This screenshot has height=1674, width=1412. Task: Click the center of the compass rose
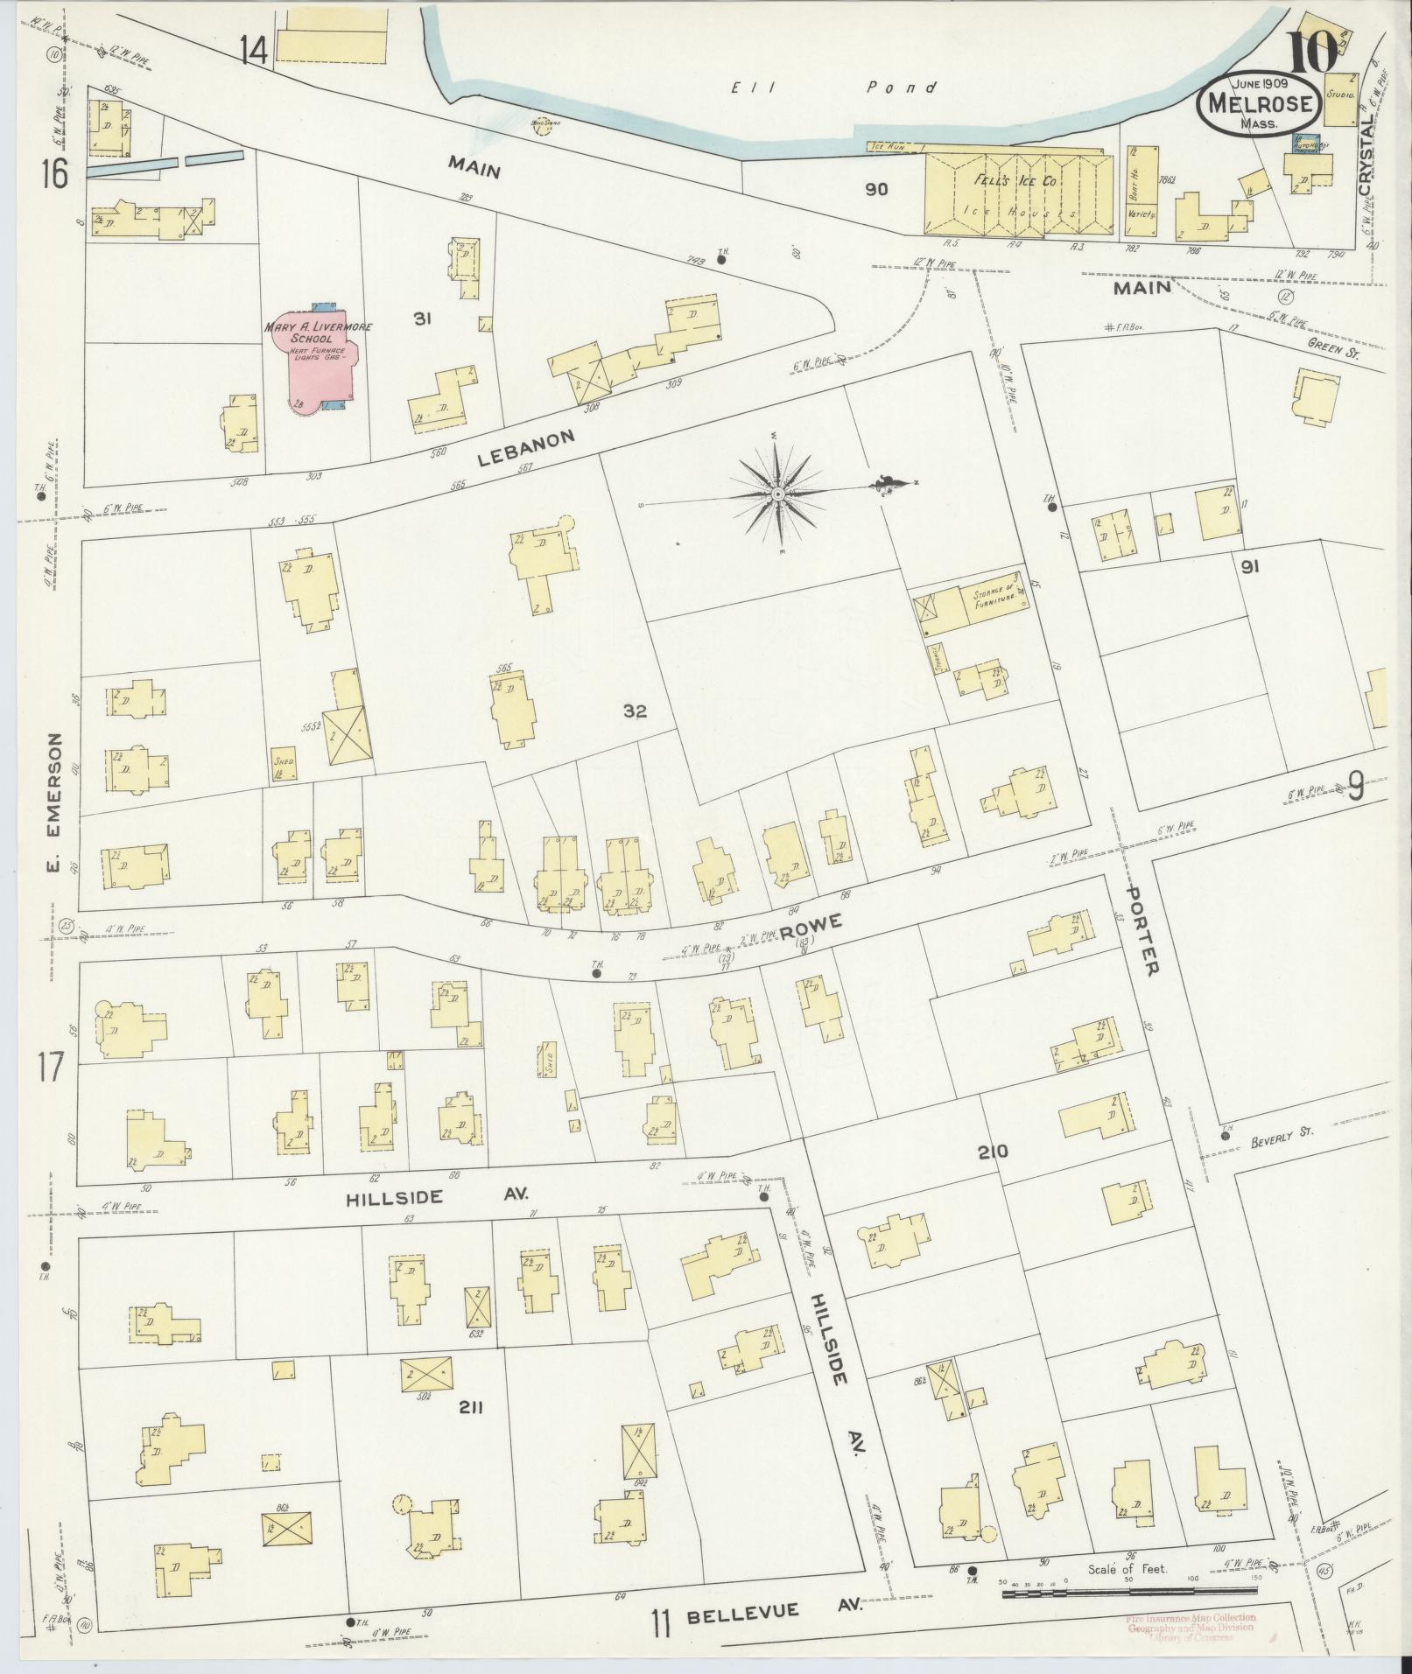coord(776,494)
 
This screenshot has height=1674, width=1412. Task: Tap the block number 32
coord(635,711)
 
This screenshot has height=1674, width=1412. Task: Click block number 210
coord(994,1152)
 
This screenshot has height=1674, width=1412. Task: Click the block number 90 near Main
coord(876,189)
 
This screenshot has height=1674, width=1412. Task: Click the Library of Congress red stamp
coord(1191,1628)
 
